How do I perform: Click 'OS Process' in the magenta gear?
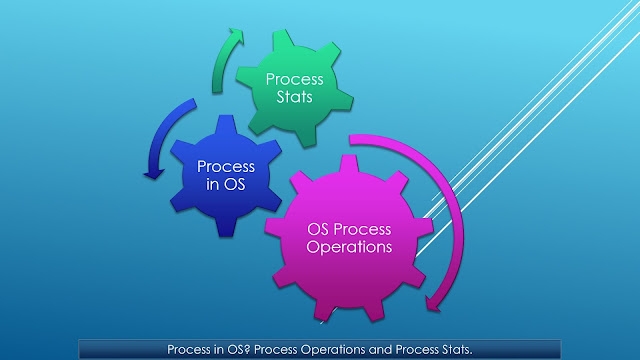click(x=347, y=227)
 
